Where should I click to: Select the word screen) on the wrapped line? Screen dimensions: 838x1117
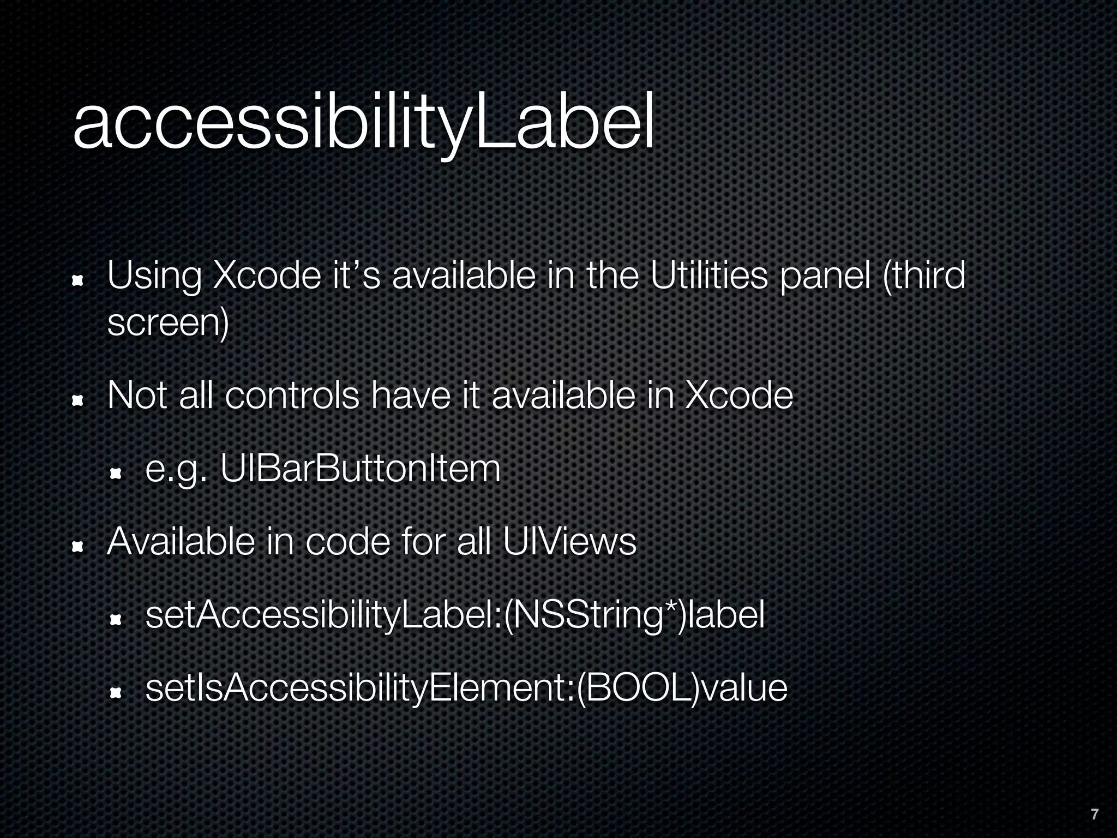(168, 323)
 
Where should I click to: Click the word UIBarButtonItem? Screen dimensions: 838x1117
(360, 469)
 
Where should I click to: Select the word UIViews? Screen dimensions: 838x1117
(569, 542)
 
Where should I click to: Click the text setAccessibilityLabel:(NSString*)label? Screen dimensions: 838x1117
(455, 615)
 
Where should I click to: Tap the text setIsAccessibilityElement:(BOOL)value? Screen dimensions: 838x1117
(466, 689)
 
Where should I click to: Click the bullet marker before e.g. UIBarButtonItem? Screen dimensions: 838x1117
(116, 474)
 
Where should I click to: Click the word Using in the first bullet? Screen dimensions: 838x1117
(154, 277)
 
